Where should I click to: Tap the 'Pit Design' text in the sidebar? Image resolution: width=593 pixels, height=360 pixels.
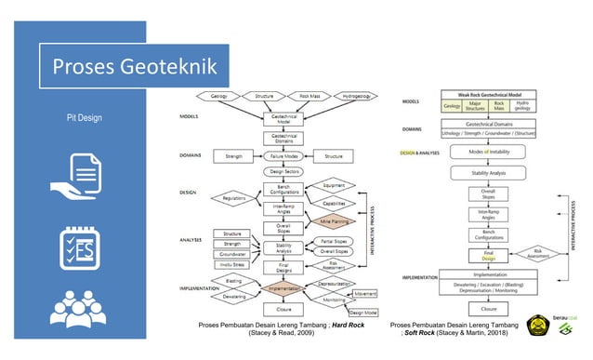97,119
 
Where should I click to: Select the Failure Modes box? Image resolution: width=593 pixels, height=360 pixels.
278,157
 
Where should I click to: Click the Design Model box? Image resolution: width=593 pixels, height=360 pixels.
362,313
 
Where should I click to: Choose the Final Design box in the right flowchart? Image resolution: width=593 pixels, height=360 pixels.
488,254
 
